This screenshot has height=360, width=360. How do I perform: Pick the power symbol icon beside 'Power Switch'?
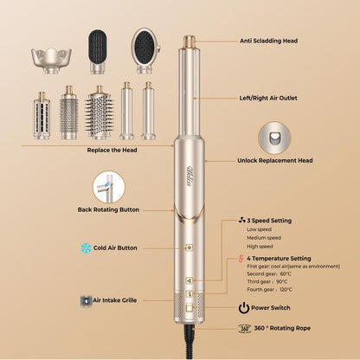pyautogui.click(x=244, y=307)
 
